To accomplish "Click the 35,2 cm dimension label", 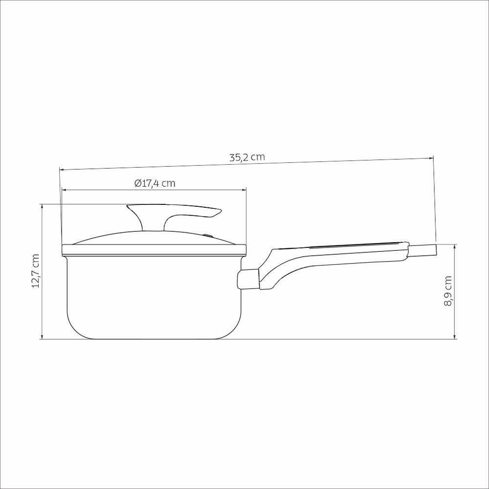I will click(x=247, y=157).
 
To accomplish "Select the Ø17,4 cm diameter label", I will click(x=155, y=183).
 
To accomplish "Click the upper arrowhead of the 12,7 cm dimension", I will click(x=42, y=206).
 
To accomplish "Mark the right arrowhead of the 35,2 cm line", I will click(x=431, y=157).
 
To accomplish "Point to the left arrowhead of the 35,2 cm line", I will click(x=62, y=170).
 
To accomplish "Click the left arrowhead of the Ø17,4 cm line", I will click(x=64, y=190).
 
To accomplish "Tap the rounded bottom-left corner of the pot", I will click(x=73, y=330).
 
